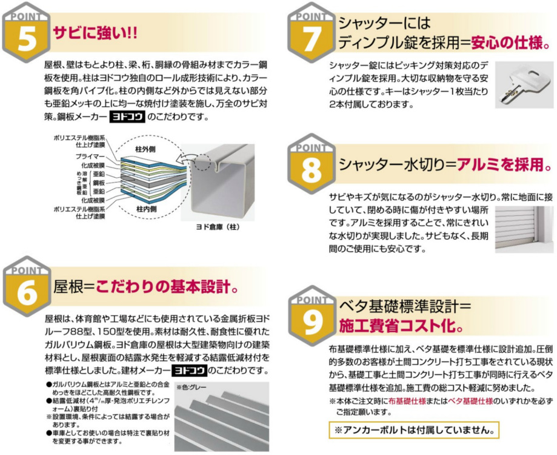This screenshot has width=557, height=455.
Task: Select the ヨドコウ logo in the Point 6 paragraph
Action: (190, 370)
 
